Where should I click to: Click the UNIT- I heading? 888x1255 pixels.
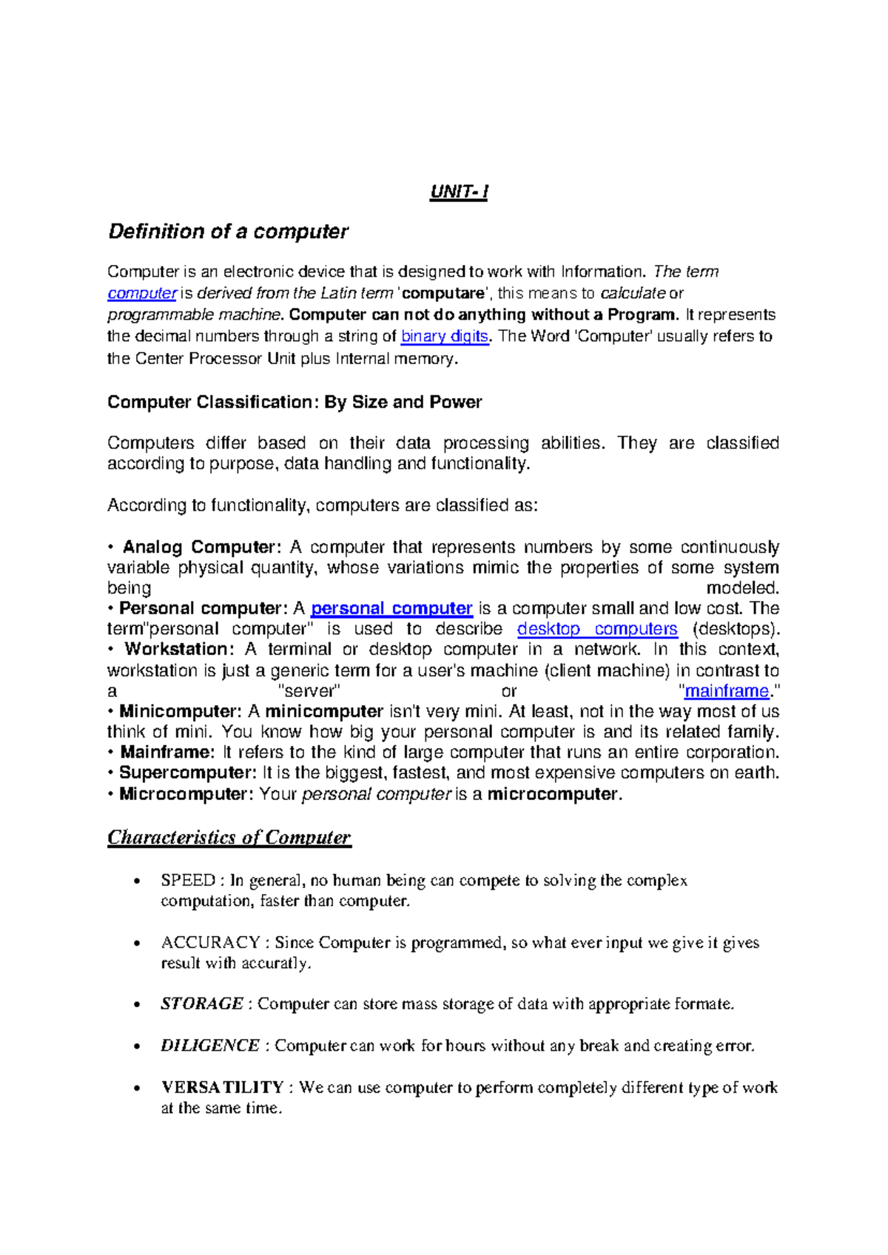[x=459, y=192]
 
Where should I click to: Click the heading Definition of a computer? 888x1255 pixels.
[x=228, y=232]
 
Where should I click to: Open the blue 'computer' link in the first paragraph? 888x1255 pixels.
[x=141, y=293]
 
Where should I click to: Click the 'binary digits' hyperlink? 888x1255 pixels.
[x=444, y=336]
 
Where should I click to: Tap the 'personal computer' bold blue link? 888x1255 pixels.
[x=391, y=608]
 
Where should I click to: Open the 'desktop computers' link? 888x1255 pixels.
[x=596, y=629]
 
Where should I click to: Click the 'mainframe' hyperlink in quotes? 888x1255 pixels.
[x=726, y=691]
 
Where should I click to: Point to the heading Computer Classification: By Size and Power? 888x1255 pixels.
[x=295, y=402]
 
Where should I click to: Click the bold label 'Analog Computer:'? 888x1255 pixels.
[x=201, y=547]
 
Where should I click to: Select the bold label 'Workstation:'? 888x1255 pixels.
[x=179, y=649]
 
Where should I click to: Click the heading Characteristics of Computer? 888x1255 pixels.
[x=229, y=838]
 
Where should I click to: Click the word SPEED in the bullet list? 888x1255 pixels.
[x=188, y=881]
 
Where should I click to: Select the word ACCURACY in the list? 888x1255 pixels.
[x=210, y=943]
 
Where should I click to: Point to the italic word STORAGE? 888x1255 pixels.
[x=202, y=1004]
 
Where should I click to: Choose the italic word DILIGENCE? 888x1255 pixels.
[x=210, y=1046]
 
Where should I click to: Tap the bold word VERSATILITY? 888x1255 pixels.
[x=223, y=1087]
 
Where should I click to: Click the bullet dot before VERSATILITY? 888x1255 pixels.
[x=136, y=1089]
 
